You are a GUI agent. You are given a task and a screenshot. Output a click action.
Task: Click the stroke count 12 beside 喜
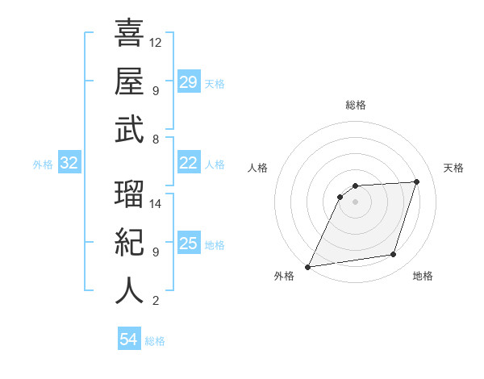click(x=156, y=41)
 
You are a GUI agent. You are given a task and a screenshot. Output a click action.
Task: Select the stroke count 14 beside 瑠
click(x=156, y=203)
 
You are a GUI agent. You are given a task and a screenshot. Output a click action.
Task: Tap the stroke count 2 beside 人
click(x=155, y=301)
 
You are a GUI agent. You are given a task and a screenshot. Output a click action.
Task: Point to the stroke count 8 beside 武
click(x=155, y=139)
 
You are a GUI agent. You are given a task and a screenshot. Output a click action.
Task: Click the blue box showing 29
click(x=189, y=82)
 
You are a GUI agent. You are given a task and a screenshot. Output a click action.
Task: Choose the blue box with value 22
click(x=189, y=163)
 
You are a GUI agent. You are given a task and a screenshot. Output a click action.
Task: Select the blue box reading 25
click(x=189, y=244)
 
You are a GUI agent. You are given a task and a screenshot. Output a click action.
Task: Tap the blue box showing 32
click(x=69, y=163)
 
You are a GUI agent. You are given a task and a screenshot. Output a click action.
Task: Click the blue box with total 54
click(x=129, y=339)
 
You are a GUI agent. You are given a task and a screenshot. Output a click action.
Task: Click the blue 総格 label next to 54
click(x=155, y=341)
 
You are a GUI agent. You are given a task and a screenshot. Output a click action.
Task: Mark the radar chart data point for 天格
click(x=417, y=181)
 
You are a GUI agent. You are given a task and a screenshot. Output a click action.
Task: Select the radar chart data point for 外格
click(x=307, y=266)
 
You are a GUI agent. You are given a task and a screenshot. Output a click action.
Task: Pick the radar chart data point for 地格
click(x=394, y=255)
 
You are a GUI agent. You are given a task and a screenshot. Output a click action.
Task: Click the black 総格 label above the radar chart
click(x=355, y=106)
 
